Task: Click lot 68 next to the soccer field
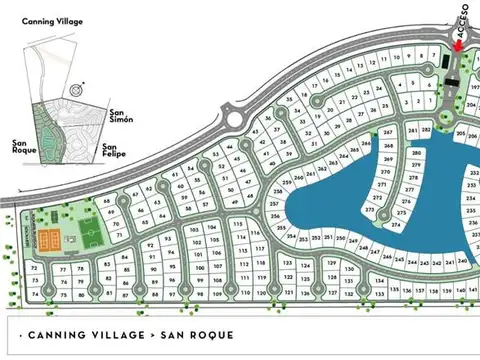107,200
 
